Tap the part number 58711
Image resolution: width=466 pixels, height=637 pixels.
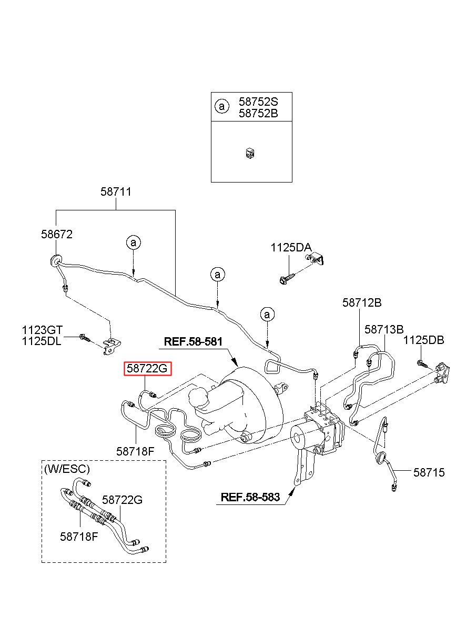pos(116,191)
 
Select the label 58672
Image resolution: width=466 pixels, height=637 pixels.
pos(57,234)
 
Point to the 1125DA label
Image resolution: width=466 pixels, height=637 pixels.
pos(291,247)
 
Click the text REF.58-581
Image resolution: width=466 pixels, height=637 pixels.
pos(193,341)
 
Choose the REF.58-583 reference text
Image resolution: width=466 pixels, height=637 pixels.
pos(250,497)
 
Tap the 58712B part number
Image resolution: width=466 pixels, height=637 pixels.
pos(362,302)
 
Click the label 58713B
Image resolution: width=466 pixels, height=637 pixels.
pos(384,329)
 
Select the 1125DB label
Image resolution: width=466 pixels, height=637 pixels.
pos(423,340)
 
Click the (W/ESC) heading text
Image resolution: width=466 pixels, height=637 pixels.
pos(67,469)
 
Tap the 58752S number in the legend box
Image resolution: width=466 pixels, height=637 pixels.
pos(258,102)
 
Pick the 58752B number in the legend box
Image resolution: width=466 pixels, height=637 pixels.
pos(258,113)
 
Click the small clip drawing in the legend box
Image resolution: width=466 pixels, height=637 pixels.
pos(250,154)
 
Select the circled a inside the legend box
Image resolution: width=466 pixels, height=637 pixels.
pos(222,106)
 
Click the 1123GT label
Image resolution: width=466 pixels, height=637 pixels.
pos(42,330)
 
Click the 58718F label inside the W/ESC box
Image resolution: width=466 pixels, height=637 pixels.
pos(79,537)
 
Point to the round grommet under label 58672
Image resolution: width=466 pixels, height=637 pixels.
pos(55,260)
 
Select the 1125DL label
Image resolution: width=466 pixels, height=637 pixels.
pos(42,341)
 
